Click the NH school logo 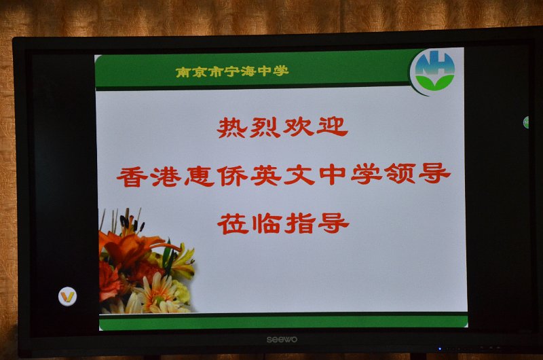(434, 71)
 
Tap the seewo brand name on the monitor (282, 340)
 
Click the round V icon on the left (67, 297)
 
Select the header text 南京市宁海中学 (232, 72)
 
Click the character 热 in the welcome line (231, 128)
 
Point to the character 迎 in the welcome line (332, 127)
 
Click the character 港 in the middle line (166, 176)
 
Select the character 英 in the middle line (265, 175)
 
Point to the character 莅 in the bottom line (233, 223)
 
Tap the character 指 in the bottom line (300, 223)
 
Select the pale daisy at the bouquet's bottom (156, 293)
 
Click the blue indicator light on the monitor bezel (440, 348)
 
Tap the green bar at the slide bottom (283, 322)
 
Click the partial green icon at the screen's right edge (526, 122)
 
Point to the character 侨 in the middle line (232, 175)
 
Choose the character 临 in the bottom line (266, 223)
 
